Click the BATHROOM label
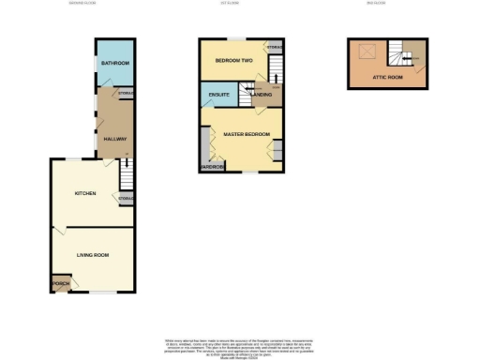tap(114, 64)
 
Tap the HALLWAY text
tap(114, 139)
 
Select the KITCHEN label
tap(86, 193)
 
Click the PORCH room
tap(61, 283)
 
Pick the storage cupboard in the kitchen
tap(125, 199)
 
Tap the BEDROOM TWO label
tap(233, 61)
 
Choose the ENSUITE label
tap(219, 96)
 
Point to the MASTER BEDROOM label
tap(247, 134)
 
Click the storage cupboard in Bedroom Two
tap(274, 47)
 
